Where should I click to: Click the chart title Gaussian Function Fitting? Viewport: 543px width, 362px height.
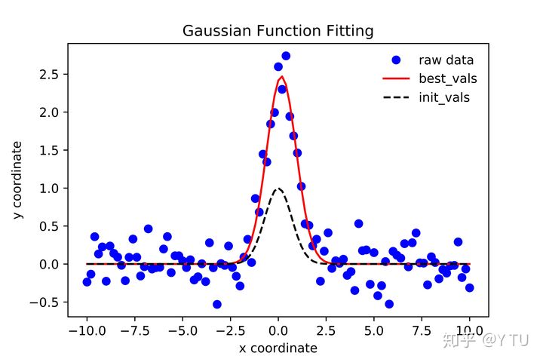[x=278, y=31]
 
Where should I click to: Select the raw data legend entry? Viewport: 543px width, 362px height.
[x=446, y=60]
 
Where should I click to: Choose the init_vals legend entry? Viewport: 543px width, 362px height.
[x=445, y=97]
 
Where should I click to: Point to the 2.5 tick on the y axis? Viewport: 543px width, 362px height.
[x=51, y=74]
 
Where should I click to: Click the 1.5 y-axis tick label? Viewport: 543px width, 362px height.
[x=51, y=150]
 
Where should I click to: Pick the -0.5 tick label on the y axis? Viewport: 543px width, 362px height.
[x=47, y=302]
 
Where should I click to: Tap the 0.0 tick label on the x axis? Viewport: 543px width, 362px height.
[x=278, y=330]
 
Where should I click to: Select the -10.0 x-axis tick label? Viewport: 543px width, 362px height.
[x=87, y=330]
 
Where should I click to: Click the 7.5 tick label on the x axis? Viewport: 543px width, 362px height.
[x=422, y=330]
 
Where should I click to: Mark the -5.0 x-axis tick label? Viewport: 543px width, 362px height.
[x=183, y=330]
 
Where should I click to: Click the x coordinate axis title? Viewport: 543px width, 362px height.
[x=278, y=348]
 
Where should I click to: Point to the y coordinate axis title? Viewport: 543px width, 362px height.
[x=17, y=181]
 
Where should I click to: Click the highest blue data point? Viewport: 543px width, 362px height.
[x=286, y=56]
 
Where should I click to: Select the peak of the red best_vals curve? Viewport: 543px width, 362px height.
[x=281, y=76]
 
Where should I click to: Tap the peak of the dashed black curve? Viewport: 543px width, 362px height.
[x=278, y=189]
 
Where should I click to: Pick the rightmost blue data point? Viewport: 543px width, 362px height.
[x=469, y=287]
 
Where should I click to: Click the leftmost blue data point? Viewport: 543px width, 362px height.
[x=87, y=282]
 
